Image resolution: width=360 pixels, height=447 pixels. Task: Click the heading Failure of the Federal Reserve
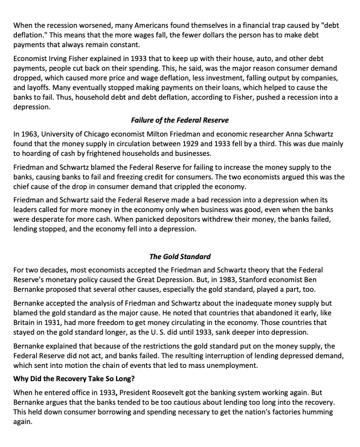[x=180, y=120]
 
